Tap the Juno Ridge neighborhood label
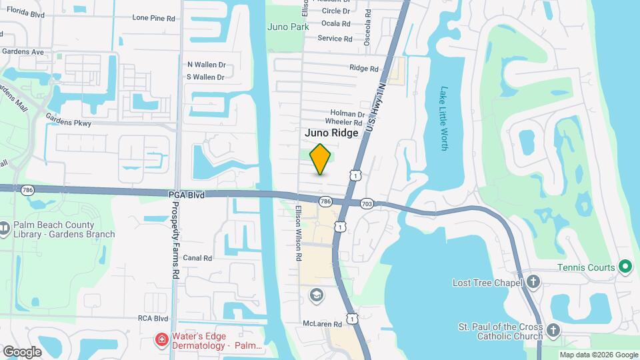(331, 133)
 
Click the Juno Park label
(288, 27)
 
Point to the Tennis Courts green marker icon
(625, 267)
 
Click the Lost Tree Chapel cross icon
(533, 282)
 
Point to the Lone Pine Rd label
(153, 18)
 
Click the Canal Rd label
(197, 258)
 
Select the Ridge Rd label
(364, 68)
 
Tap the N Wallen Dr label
(207, 65)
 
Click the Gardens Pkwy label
(69, 123)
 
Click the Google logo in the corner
(22, 351)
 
